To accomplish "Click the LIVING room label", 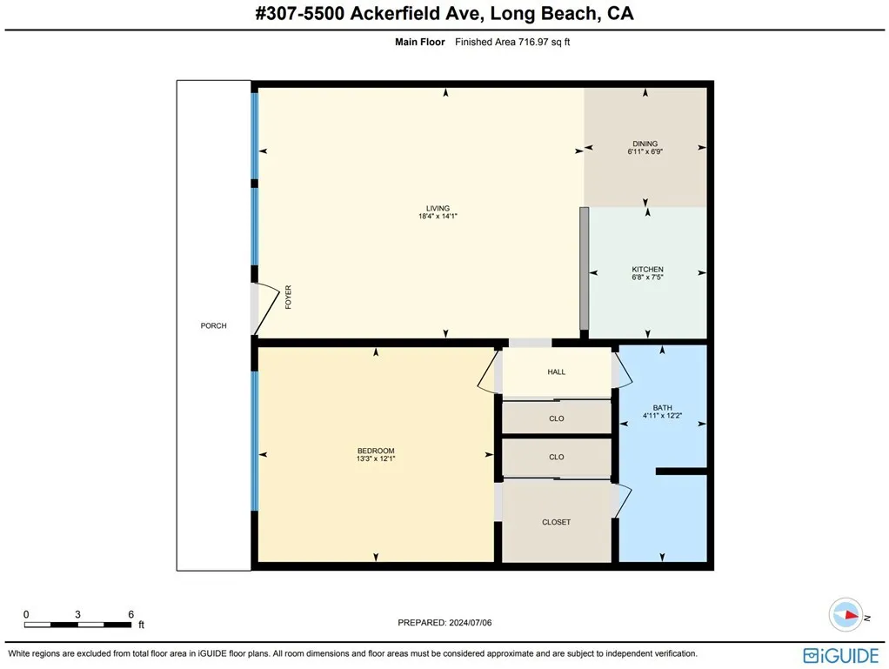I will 438,208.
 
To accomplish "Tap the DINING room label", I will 645,144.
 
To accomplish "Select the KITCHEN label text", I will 647,270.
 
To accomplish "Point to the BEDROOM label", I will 374,451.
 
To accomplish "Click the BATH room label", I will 662,407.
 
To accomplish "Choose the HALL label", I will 557,372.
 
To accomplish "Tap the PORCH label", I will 213,326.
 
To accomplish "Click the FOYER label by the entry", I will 288,298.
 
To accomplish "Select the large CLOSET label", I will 557,522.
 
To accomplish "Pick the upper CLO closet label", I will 557,418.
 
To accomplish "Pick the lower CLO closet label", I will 557,457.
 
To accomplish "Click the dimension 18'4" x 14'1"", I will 438,217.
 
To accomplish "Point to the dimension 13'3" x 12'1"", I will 374,458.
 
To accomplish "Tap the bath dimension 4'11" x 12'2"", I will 662,416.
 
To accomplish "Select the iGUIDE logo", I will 841,654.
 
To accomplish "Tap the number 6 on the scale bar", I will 130,614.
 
